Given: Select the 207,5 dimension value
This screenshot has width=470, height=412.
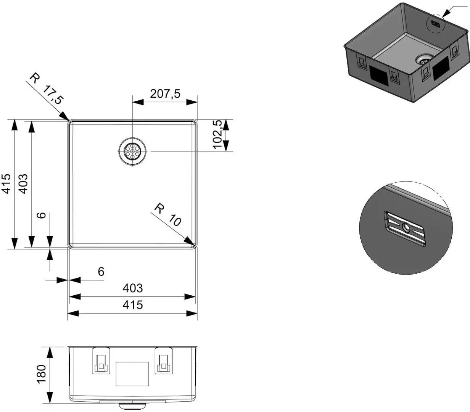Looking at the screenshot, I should pos(165,94).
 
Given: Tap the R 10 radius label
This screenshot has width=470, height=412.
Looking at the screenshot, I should pos(167,215).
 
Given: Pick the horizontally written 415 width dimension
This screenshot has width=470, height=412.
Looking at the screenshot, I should pos(132,305).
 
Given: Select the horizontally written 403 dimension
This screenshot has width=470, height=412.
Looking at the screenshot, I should pos(132,288).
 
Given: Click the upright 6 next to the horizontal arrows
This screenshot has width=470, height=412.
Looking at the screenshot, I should pos(101,272).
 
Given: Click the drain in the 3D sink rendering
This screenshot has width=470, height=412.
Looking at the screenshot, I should pos(424,58).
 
